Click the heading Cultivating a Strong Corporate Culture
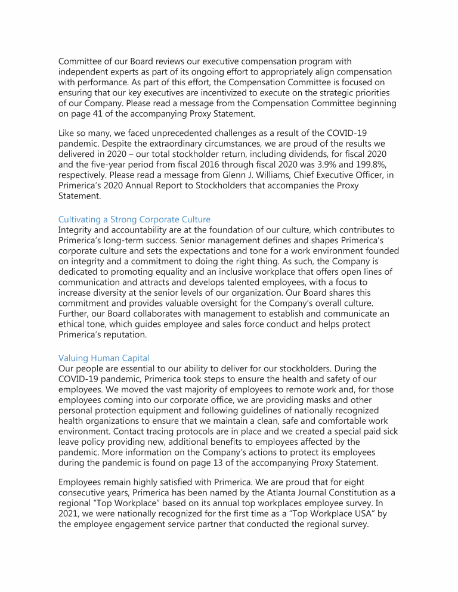134,219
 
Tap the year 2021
69,516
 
